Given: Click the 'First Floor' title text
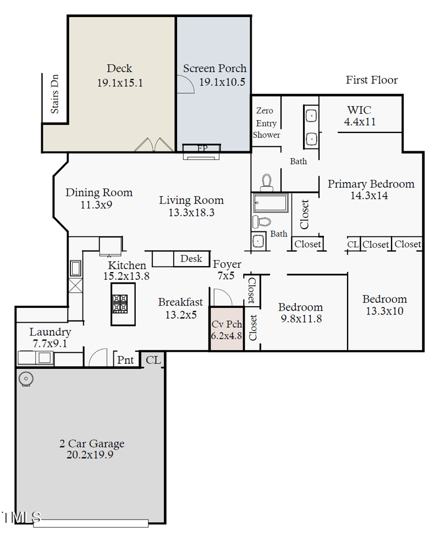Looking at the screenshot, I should tap(371, 80).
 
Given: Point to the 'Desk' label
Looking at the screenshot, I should tap(191, 258).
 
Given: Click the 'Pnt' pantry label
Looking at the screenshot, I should tap(125, 360).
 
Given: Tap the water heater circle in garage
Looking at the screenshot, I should tap(25, 379).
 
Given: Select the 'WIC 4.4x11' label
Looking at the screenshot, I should tap(360, 116).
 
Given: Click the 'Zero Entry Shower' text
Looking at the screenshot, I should tap(266, 123).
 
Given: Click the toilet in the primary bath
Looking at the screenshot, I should tap(267, 181).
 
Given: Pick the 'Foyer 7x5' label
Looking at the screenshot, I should tap(227, 270).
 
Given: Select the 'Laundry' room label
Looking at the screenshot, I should tap(50, 332).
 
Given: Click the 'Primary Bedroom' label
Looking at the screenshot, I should tap(371, 184).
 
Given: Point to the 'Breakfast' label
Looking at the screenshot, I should tap(180, 302).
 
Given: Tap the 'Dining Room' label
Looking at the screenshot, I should tap(99, 192).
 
